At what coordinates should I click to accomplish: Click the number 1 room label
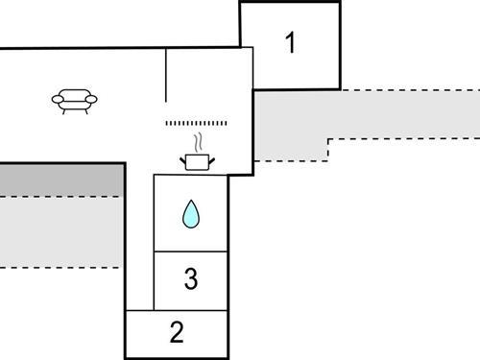coord(289,42)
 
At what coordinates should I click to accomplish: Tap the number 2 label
coord(177,333)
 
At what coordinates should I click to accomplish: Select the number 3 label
coord(191,279)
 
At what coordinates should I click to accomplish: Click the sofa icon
coord(74,100)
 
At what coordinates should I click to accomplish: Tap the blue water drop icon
coord(191,215)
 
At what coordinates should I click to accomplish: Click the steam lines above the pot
coord(198,143)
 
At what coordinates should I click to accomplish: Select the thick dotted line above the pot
coord(198,123)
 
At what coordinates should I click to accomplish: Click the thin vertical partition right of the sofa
coord(166,75)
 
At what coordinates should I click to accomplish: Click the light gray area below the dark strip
coord(61,230)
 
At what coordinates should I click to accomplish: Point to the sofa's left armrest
coord(56,98)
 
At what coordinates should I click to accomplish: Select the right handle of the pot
coord(212,158)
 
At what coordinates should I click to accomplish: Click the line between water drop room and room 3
coord(191,252)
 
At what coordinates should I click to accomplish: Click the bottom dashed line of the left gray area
coord(61,266)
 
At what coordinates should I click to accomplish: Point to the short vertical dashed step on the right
coord(329,150)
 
